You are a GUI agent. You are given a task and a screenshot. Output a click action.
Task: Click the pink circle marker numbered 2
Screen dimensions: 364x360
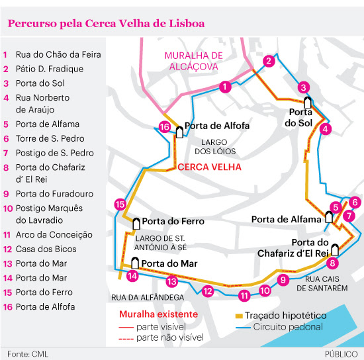coord(269,61)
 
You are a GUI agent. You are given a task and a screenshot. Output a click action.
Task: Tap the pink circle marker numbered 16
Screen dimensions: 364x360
coord(165,127)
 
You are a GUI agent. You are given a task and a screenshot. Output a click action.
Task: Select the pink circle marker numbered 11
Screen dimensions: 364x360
coord(244,295)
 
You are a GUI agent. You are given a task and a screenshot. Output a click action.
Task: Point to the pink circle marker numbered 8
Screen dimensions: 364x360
coord(332,263)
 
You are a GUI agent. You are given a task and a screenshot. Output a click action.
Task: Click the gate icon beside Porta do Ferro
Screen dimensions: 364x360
coord(136,224)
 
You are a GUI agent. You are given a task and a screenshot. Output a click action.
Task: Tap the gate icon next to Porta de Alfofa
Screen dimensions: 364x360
coord(179,132)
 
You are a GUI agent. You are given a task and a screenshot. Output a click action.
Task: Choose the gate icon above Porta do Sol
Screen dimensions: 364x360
coord(308,103)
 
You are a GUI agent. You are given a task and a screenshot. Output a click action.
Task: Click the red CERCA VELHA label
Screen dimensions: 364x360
coord(209,167)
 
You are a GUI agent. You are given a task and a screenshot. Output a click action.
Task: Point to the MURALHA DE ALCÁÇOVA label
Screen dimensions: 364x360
coord(194,61)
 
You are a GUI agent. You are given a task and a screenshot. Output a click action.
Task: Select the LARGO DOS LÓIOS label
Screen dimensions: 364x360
coord(215,147)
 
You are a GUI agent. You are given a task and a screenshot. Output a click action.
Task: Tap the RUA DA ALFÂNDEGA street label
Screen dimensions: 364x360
coord(148,297)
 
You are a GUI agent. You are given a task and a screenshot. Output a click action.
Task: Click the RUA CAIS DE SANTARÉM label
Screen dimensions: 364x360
coord(322,283)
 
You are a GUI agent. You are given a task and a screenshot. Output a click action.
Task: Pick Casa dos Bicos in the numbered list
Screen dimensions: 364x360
coord(46,249)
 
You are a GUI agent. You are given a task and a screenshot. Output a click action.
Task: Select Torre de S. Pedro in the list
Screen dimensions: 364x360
coord(50,138)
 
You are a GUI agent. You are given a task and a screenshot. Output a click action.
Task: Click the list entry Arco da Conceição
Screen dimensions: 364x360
coord(54,235)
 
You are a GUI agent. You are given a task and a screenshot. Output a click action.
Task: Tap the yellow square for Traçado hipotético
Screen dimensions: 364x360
coord(239,316)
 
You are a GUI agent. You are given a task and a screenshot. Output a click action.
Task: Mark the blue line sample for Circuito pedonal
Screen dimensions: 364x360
coord(243,328)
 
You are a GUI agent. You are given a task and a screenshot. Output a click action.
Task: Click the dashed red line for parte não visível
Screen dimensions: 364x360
coord(126,339)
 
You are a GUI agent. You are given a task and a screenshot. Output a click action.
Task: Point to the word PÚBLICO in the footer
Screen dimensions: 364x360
coord(341,354)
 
